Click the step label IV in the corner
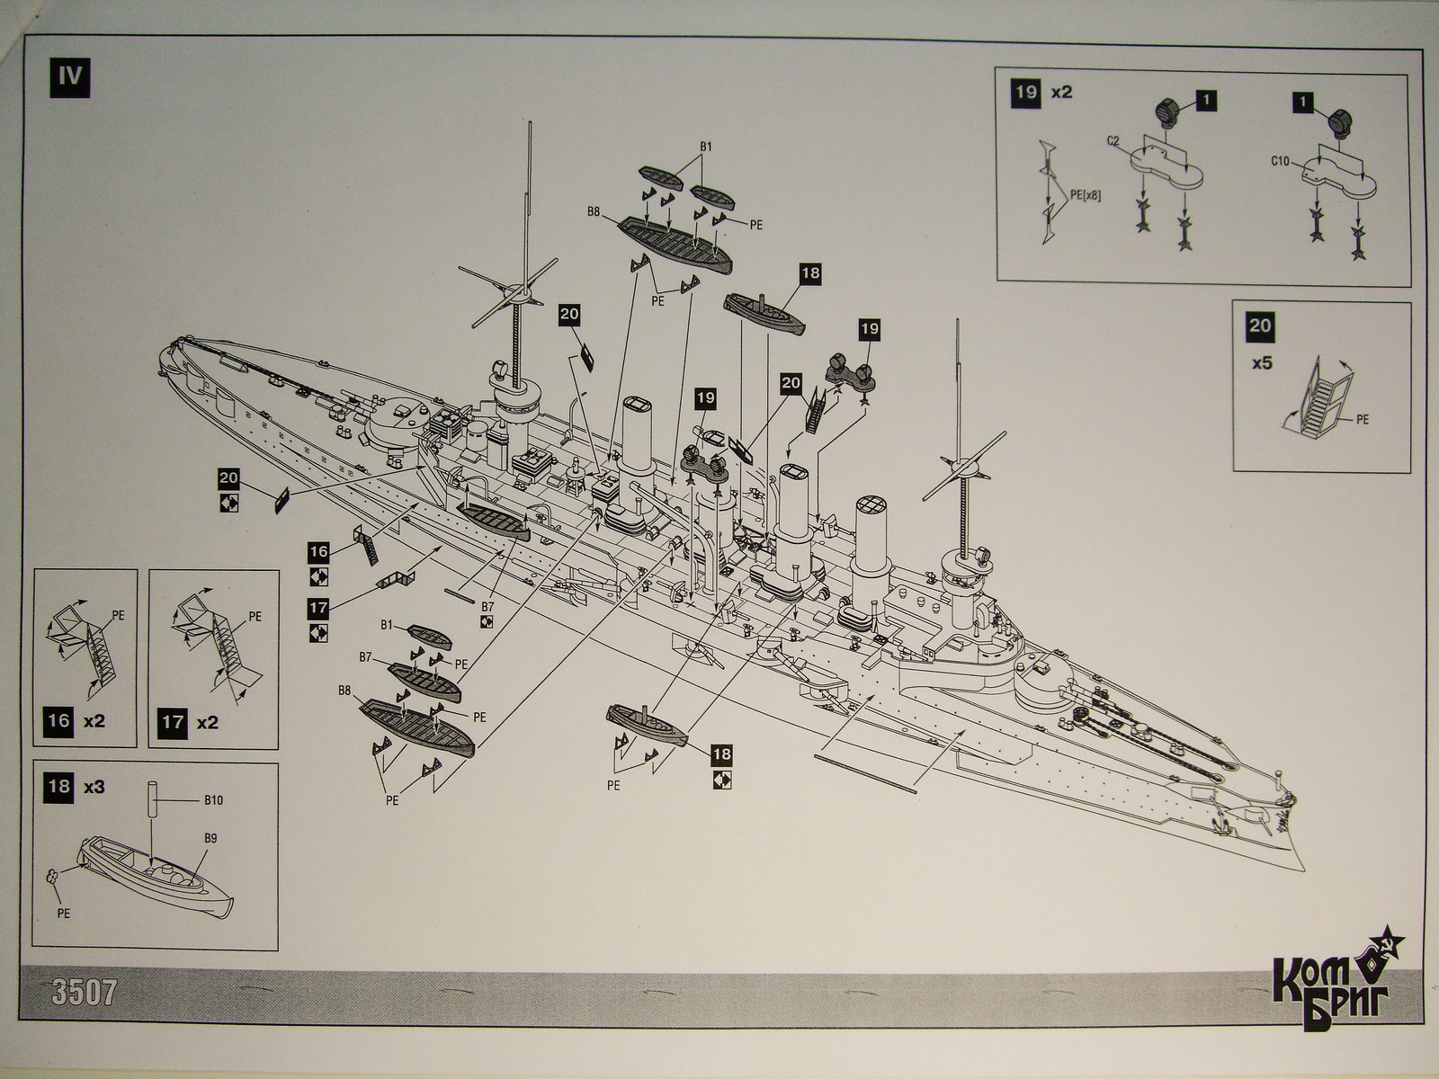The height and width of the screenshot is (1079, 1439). [x=69, y=75]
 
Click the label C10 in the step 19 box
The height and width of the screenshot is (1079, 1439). [x=1281, y=161]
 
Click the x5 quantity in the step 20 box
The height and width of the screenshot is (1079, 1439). [x=1261, y=367]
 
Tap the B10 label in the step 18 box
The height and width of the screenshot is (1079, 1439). [x=213, y=798]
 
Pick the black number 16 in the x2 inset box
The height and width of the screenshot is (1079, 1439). [x=58, y=721]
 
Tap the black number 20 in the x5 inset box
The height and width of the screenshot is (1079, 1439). [x=1260, y=325]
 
